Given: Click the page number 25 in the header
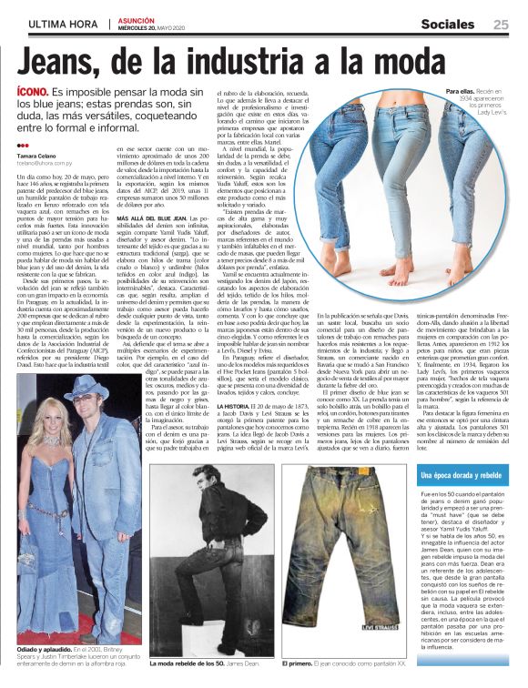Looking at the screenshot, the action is pyautogui.click(x=501, y=25).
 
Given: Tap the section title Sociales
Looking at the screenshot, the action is pyautogui.click(x=452, y=25).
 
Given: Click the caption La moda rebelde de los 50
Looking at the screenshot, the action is pyautogui.click(x=185, y=662).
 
